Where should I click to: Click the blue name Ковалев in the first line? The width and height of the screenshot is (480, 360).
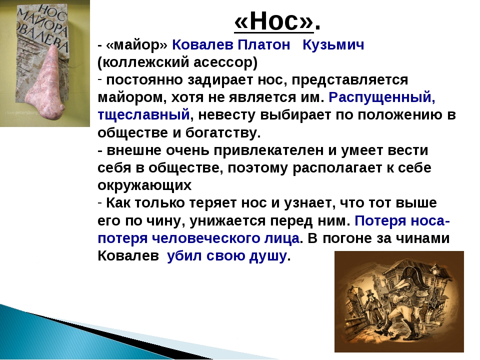(x=202, y=45)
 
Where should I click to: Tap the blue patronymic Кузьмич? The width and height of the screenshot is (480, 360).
(x=333, y=45)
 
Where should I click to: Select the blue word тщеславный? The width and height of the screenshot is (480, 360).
(x=143, y=115)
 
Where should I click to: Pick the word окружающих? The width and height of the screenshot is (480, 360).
(x=144, y=185)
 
